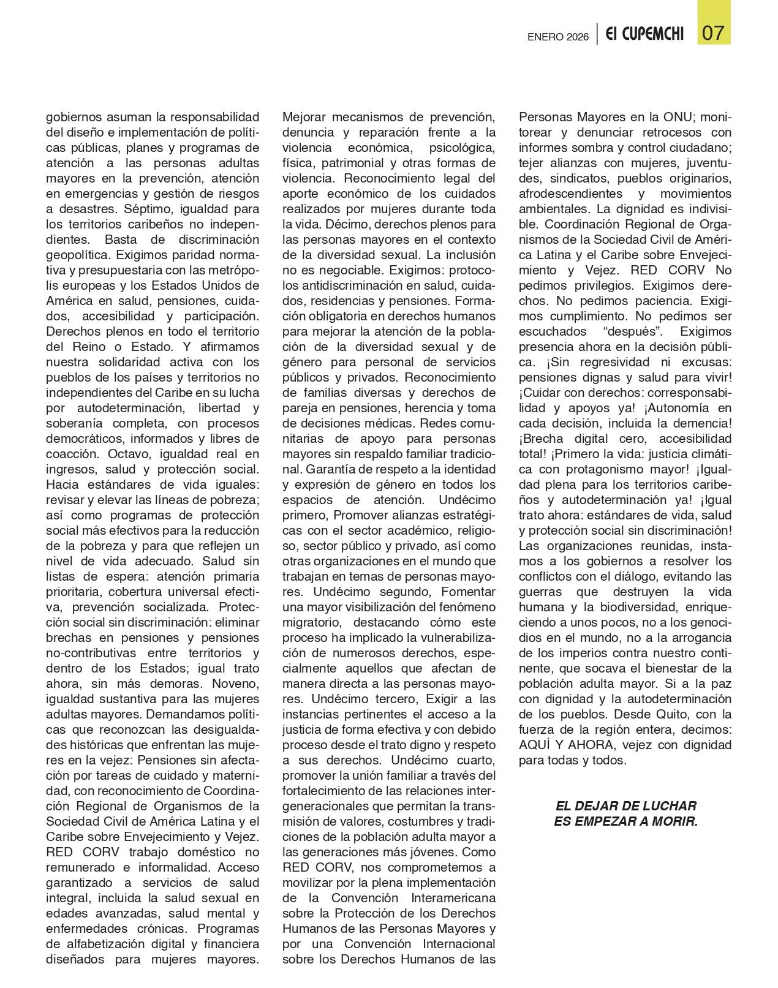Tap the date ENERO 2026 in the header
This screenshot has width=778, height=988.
pos(557,37)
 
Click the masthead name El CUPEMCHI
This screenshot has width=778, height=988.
pos(644,34)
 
